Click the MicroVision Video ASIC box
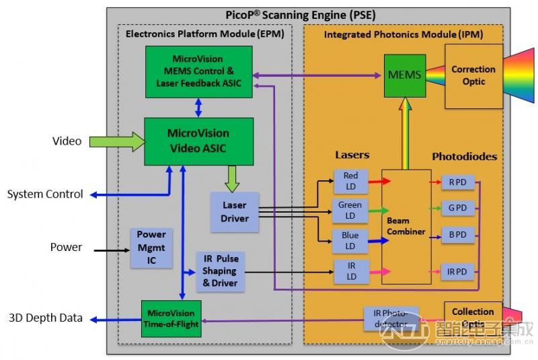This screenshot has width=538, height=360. click(x=199, y=141)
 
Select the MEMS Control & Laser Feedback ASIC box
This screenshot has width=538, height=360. click(x=198, y=71)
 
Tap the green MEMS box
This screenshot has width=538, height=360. click(x=405, y=75)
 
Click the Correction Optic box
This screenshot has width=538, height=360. click(x=473, y=76)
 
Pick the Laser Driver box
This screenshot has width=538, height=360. click(x=235, y=212)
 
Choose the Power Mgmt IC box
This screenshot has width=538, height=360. click(x=151, y=247)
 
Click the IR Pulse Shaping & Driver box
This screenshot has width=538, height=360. click(x=220, y=271)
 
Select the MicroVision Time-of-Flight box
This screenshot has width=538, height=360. click(x=171, y=318)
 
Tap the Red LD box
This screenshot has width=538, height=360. click(x=350, y=181)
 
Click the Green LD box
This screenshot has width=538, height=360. click(x=350, y=210)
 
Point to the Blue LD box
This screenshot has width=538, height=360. click(x=350, y=240)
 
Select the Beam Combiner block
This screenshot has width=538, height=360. click(x=406, y=226)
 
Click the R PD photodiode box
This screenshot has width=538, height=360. click(x=457, y=182)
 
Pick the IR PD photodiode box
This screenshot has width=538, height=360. click(x=457, y=272)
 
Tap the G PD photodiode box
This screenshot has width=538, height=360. click(x=457, y=209)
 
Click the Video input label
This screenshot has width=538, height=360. click(x=67, y=141)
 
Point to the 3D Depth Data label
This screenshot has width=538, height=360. click(x=45, y=318)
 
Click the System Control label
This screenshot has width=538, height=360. click(x=45, y=194)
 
